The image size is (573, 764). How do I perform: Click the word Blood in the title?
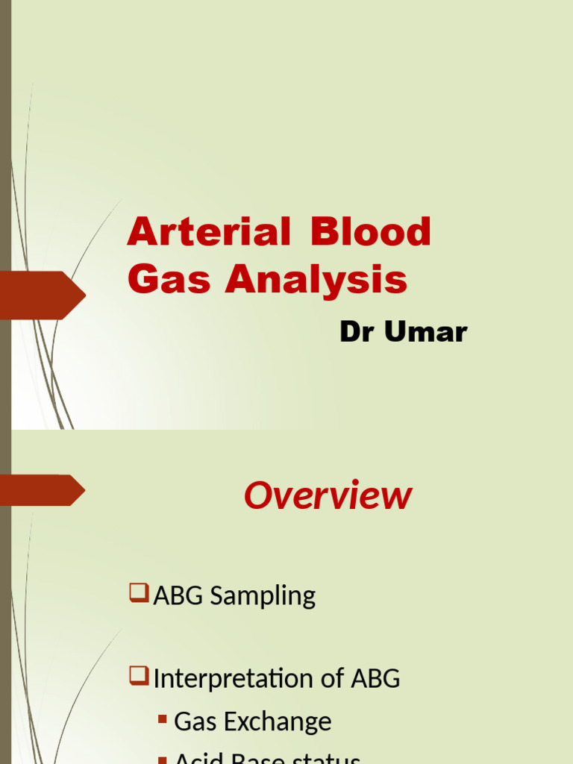371,232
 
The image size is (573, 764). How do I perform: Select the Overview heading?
328,496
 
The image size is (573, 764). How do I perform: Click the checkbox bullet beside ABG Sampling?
139,593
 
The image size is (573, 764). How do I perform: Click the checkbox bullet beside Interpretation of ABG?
139,676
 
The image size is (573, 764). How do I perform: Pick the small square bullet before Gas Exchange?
163,720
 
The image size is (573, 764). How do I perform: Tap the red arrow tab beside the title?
45,295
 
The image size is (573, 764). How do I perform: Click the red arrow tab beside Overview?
45,490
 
